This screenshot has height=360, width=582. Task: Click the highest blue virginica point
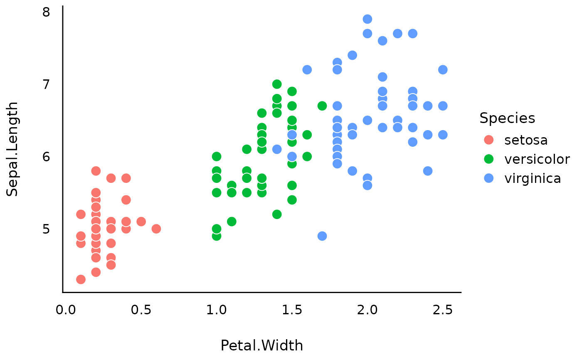[x=367, y=19]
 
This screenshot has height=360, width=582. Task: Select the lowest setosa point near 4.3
[x=81, y=279]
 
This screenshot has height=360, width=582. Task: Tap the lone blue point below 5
[x=322, y=236]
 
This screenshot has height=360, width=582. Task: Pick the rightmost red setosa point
[x=156, y=229]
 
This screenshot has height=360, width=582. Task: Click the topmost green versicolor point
[x=277, y=84]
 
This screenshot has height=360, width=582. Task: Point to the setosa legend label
[x=526, y=141]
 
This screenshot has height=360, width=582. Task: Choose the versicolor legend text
[x=537, y=159]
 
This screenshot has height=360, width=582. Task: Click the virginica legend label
[x=533, y=178]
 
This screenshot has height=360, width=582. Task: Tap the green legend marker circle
[x=489, y=159]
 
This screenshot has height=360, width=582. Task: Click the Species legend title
[x=507, y=118]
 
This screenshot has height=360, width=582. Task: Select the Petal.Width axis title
[x=261, y=345]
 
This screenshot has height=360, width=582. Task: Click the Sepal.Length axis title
[x=12, y=149]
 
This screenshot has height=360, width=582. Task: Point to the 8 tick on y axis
[x=46, y=12]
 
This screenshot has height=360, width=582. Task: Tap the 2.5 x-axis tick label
[x=443, y=310]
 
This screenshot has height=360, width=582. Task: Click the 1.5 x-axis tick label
[x=292, y=310]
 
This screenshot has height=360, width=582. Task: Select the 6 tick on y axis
[x=46, y=157]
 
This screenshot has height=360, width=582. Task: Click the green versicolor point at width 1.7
[x=322, y=106]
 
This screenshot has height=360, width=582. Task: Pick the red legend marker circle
[x=489, y=140]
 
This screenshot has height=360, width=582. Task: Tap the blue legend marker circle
[x=489, y=178]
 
